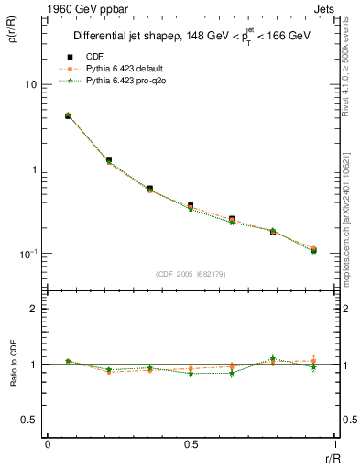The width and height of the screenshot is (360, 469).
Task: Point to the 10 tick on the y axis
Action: [x=28, y=84]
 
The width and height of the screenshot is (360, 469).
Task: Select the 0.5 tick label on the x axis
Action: [x=191, y=444]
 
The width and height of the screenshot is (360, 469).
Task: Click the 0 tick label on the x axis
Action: [x=48, y=444]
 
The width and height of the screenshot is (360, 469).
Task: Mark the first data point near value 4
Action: [x=68, y=116]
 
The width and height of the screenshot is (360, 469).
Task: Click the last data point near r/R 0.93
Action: [x=313, y=249]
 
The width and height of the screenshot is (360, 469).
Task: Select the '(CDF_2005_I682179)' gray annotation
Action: [x=191, y=273]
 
